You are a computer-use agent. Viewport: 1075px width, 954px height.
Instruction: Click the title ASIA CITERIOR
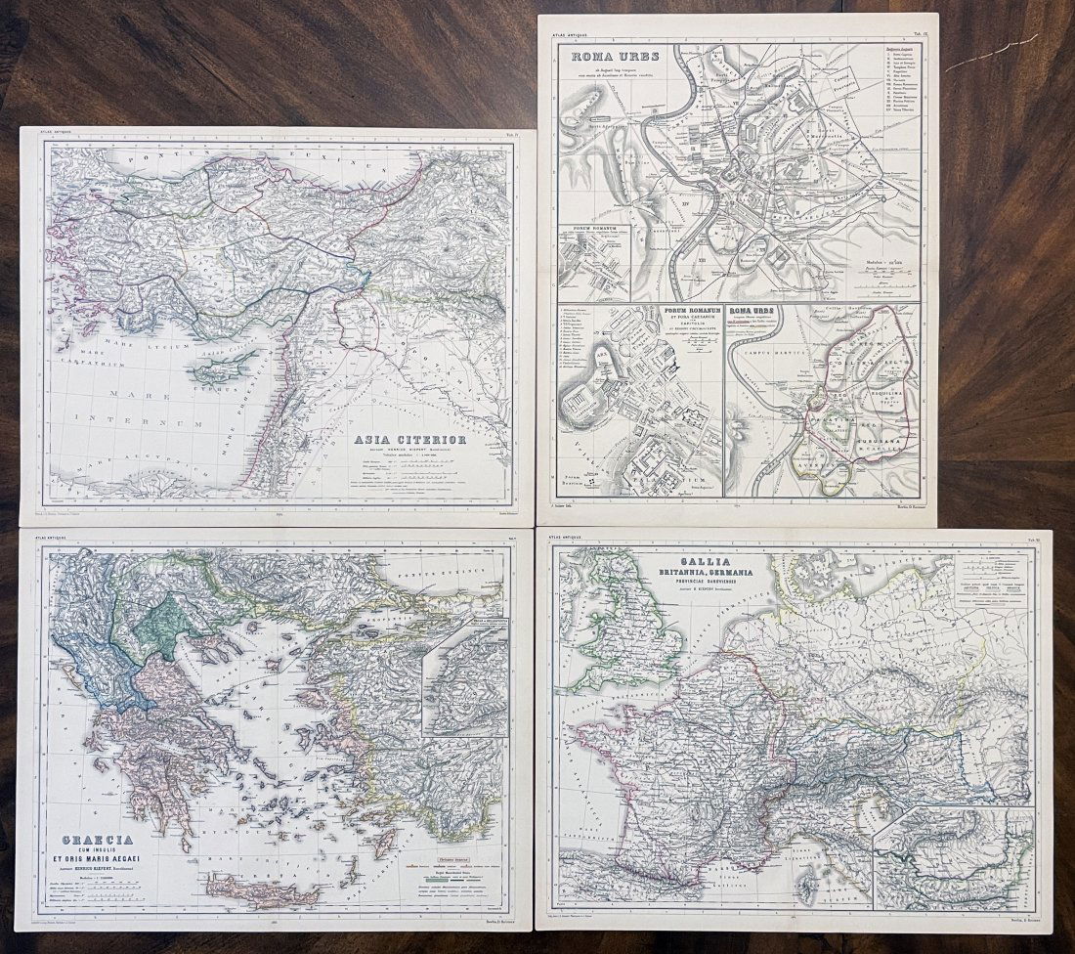411,441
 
